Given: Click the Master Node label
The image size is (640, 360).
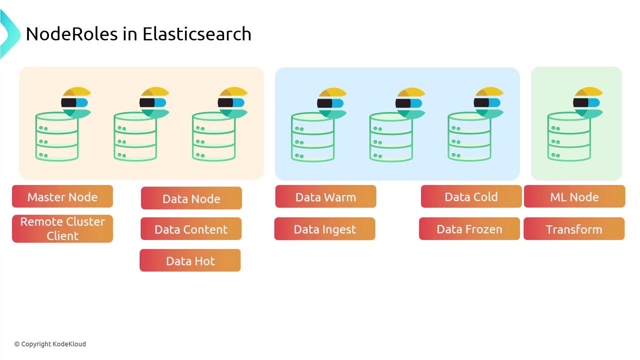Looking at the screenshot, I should [x=62, y=196].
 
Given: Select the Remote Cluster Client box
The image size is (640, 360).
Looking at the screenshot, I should [x=62, y=228].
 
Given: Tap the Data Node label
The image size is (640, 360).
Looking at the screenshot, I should [x=191, y=198].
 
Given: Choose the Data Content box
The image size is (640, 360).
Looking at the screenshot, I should [x=191, y=229].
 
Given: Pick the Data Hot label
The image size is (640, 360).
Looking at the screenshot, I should [x=190, y=260].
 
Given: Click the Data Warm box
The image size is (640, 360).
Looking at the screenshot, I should [x=325, y=196].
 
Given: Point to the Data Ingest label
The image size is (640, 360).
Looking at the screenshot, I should [x=324, y=229].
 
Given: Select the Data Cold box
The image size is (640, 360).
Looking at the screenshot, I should [x=471, y=196].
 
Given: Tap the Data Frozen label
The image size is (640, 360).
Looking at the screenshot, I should [x=469, y=229].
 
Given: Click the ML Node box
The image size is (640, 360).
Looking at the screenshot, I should [x=574, y=196].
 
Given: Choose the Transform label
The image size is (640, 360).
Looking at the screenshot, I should [x=573, y=229].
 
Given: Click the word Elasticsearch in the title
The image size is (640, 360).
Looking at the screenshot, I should [x=197, y=34].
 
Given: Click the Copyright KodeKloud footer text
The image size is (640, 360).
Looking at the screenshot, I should [x=50, y=344].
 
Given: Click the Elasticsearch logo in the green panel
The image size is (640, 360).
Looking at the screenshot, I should [x=588, y=103].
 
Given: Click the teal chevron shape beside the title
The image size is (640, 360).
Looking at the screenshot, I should [x=8, y=34].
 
